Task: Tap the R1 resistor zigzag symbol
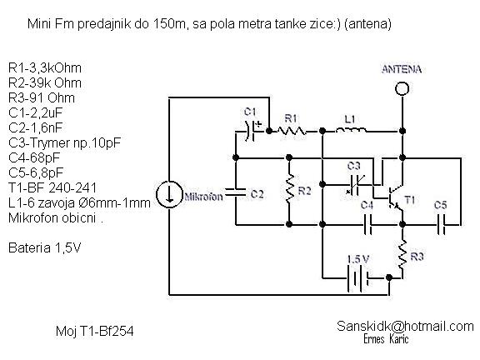tap(292, 131)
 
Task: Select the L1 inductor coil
tap(351, 130)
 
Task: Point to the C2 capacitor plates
tap(235, 192)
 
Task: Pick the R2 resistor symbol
tap(289, 189)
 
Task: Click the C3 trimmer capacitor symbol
tap(355, 185)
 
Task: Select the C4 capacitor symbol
tap(367, 225)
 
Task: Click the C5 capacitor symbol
tap(441, 225)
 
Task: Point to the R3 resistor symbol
tap(402, 255)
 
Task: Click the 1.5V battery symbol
tap(357, 277)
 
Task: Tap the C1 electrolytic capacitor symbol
tap(251, 131)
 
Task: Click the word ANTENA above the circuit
tap(402, 69)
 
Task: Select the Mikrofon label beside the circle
tap(203, 196)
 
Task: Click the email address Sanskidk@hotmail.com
tap(405, 327)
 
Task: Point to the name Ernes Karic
tap(386, 339)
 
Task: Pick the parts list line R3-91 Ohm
tap(42, 98)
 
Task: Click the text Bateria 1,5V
tap(44, 247)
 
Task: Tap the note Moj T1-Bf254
tap(95, 331)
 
